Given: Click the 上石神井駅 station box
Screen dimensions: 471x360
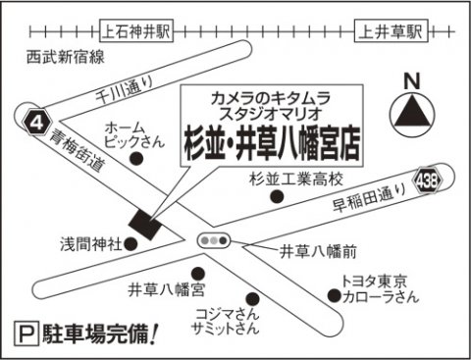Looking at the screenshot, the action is (x=136, y=31).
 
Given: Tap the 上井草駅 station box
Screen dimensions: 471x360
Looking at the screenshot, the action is (x=392, y=31).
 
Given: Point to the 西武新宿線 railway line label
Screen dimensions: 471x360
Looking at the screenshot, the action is (x=66, y=57).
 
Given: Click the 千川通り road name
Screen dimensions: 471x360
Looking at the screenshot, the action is (x=125, y=87).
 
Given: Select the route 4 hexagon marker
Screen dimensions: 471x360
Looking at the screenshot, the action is (x=37, y=124).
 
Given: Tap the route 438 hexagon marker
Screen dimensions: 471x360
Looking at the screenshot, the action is (x=428, y=180).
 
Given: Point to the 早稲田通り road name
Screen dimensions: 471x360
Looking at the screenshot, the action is (x=370, y=197).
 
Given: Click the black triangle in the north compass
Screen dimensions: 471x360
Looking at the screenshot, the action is (x=412, y=111).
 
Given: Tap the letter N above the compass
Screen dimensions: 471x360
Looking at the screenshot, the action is (x=412, y=81).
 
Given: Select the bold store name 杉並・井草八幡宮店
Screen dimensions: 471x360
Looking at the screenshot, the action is (x=272, y=145).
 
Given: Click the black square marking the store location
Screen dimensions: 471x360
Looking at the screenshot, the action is (x=145, y=225).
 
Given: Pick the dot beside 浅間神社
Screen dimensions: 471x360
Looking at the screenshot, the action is (x=131, y=244).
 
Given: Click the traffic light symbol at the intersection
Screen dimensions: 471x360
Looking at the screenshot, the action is (x=214, y=241).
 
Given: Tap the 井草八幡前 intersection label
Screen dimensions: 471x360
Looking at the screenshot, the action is (x=318, y=252).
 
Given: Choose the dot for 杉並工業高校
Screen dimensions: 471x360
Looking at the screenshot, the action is (x=277, y=196).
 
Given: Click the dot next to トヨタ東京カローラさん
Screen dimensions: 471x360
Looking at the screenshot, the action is (x=335, y=295).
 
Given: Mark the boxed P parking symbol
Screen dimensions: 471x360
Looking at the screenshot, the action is (x=27, y=334).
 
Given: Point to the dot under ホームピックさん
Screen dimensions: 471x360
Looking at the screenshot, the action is (x=136, y=159).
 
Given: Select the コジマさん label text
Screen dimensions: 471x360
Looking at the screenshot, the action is (x=227, y=315).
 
